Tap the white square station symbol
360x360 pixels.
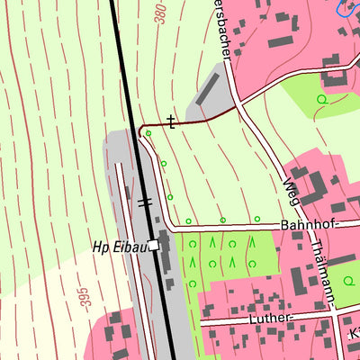(155, 245)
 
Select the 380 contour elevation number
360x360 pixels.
(161, 13)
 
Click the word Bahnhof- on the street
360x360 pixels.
(307, 224)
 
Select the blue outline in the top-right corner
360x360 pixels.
(347, 9)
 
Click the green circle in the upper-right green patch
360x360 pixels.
(321, 98)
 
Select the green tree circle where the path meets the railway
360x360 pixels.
(148, 134)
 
